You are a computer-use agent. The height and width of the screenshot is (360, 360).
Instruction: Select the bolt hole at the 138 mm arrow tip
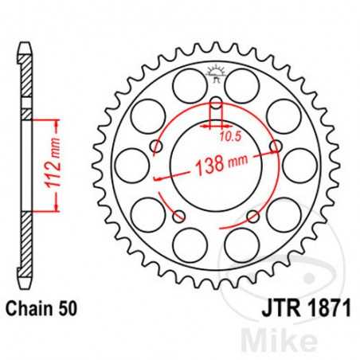[276, 147]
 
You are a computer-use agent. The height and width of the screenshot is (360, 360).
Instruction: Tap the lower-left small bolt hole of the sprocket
[178, 216]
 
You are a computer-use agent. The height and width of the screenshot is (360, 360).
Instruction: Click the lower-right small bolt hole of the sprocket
[253, 216]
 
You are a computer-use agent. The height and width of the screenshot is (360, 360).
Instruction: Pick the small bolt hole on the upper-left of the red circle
[156, 147]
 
